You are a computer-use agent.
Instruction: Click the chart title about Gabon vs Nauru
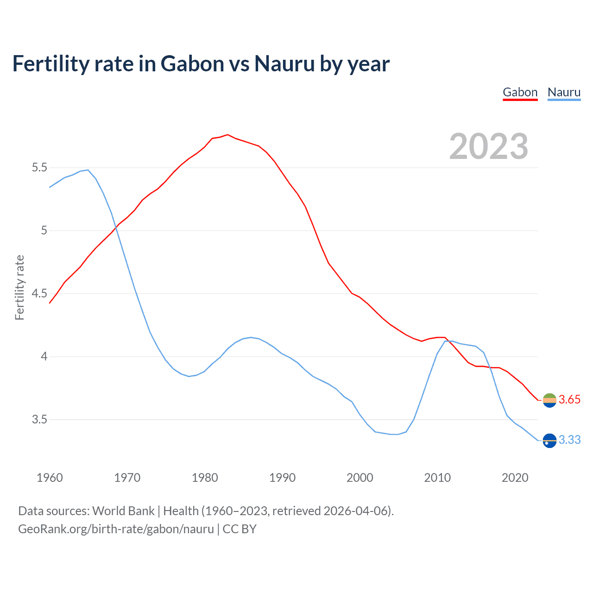click(x=201, y=63)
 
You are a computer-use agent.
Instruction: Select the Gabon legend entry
click(x=520, y=92)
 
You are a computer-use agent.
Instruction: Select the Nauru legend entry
click(x=564, y=92)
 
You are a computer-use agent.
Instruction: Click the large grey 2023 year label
click(x=489, y=146)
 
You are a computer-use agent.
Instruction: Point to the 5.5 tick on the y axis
click(x=39, y=167)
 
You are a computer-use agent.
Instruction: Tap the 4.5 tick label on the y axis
click(x=39, y=294)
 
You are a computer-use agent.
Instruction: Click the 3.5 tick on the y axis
click(x=39, y=420)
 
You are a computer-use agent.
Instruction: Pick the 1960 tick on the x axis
click(x=50, y=478)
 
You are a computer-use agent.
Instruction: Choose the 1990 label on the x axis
click(x=282, y=478)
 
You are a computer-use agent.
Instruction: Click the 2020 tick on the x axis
click(x=515, y=478)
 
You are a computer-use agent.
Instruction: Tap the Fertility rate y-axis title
click(x=19, y=287)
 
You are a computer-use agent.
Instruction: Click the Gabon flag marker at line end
click(x=549, y=400)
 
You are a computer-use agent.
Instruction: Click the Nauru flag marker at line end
click(x=549, y=440)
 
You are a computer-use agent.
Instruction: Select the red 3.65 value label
click(x=569, y=400)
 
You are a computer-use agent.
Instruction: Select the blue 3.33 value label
click(x=569, y=440)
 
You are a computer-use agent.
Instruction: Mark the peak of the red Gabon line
click(x=227, y=135)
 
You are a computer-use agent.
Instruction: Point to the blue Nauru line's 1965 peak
click(x=88, y=170)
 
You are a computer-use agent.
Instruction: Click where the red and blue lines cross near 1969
click(x=117, y=227)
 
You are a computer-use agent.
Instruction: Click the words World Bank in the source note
click(x=123, y=511)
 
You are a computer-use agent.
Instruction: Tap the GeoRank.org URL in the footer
click(x=116, y=529)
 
